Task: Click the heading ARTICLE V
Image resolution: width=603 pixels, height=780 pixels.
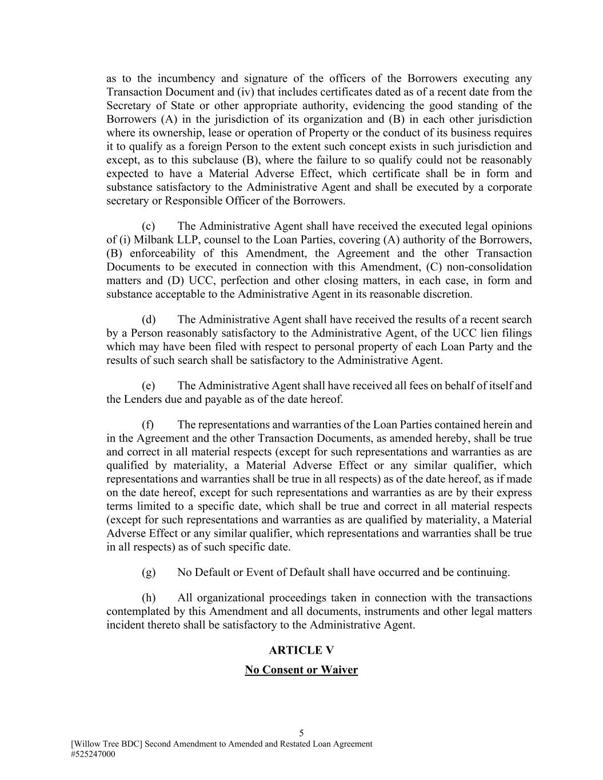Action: [301, 650]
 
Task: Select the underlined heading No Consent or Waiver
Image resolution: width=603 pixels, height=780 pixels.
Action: [301, 670]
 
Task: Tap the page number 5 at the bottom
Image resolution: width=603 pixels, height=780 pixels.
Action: [301, 733]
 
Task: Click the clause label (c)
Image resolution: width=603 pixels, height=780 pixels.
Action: [149, 226]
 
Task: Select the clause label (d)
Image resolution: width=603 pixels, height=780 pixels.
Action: [149, 319]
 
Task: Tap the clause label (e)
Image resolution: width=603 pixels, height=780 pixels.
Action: [149, 386]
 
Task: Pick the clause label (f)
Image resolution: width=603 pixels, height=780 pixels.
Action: [148, 425]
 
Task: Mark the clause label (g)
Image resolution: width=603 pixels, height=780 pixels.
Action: [149, 573]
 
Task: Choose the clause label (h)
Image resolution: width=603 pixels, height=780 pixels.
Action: [149, 598]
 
